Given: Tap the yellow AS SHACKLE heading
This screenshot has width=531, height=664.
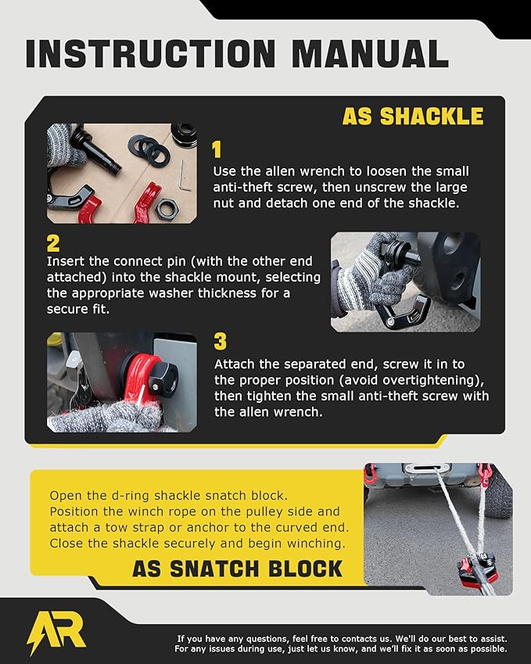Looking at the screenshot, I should click(412, 117).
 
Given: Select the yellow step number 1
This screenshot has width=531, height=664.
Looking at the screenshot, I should click(218, 150).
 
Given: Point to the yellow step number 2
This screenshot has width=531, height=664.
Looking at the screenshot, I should click(53, 243).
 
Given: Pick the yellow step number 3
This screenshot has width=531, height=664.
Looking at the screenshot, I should click(220, 342).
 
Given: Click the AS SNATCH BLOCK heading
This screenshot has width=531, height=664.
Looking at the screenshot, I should click(237, 568).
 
